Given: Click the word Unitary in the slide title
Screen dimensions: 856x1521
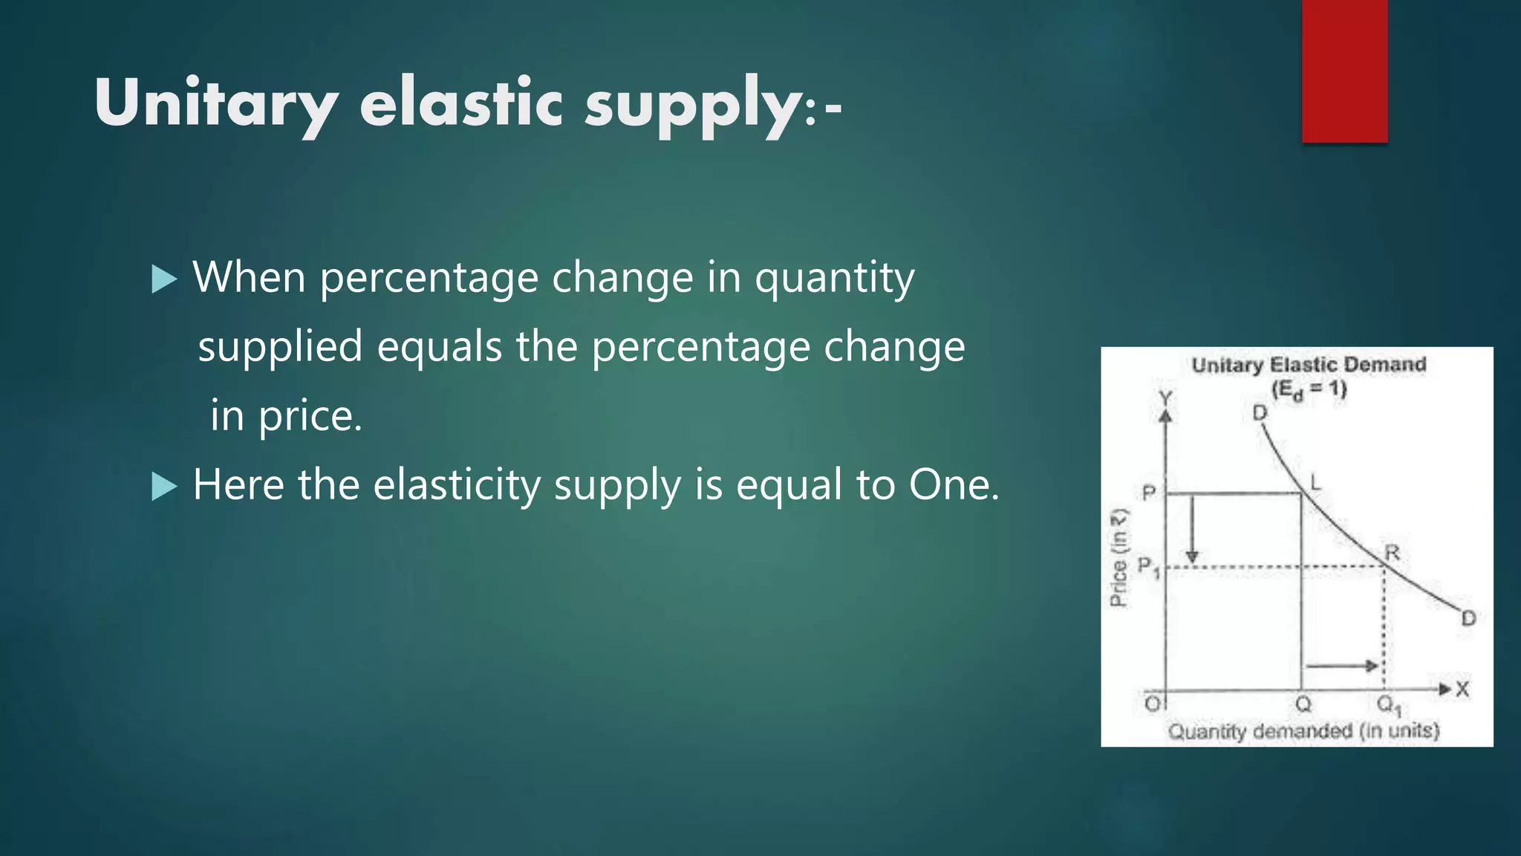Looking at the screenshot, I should pyautogui.click(x=215, y=104).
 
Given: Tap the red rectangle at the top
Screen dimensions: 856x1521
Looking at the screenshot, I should pyautogui.click(x=1344, y=71).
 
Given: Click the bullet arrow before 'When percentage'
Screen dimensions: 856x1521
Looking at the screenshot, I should pyautogui.click(x=164, y=280).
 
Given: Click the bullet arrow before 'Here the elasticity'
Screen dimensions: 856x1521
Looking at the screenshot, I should pyautogui.click(x=164, y=487).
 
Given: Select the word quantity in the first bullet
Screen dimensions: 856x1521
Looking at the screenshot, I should pyautogui.click(x=834, y=279).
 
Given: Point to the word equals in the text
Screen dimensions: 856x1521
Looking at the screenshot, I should pyautogui.click(x=440, y=347).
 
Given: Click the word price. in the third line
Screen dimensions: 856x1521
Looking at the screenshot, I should pyautogui.click(x=310, y=416).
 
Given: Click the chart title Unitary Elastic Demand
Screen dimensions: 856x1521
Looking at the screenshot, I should pyautogui.click(x=1309, y=365).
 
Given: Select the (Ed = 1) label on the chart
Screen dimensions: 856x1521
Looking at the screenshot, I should pyautogui.click(x=1309, y=389).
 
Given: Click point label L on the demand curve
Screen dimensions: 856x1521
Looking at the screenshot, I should pyautogui.click(x=1315, y=483).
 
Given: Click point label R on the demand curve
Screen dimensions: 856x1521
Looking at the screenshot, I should pyautogui.click(x=1392, y=553).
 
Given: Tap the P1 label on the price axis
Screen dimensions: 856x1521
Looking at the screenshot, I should pyautogui.click(x=1148, y=567).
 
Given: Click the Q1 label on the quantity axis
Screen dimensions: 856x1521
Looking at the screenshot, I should pyautogui.click(x=1388, y=704).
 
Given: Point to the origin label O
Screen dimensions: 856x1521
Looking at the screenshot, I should pyautogui.click(x=1152, y=703).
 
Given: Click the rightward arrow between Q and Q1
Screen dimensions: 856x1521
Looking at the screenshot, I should pyautogui.click(x=1341, y=666).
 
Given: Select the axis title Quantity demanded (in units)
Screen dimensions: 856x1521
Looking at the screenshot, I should pyautogui.click(x=1303, y=731).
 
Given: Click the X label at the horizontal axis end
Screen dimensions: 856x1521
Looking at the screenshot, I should pyautogui.click(x=1462, y=690).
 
